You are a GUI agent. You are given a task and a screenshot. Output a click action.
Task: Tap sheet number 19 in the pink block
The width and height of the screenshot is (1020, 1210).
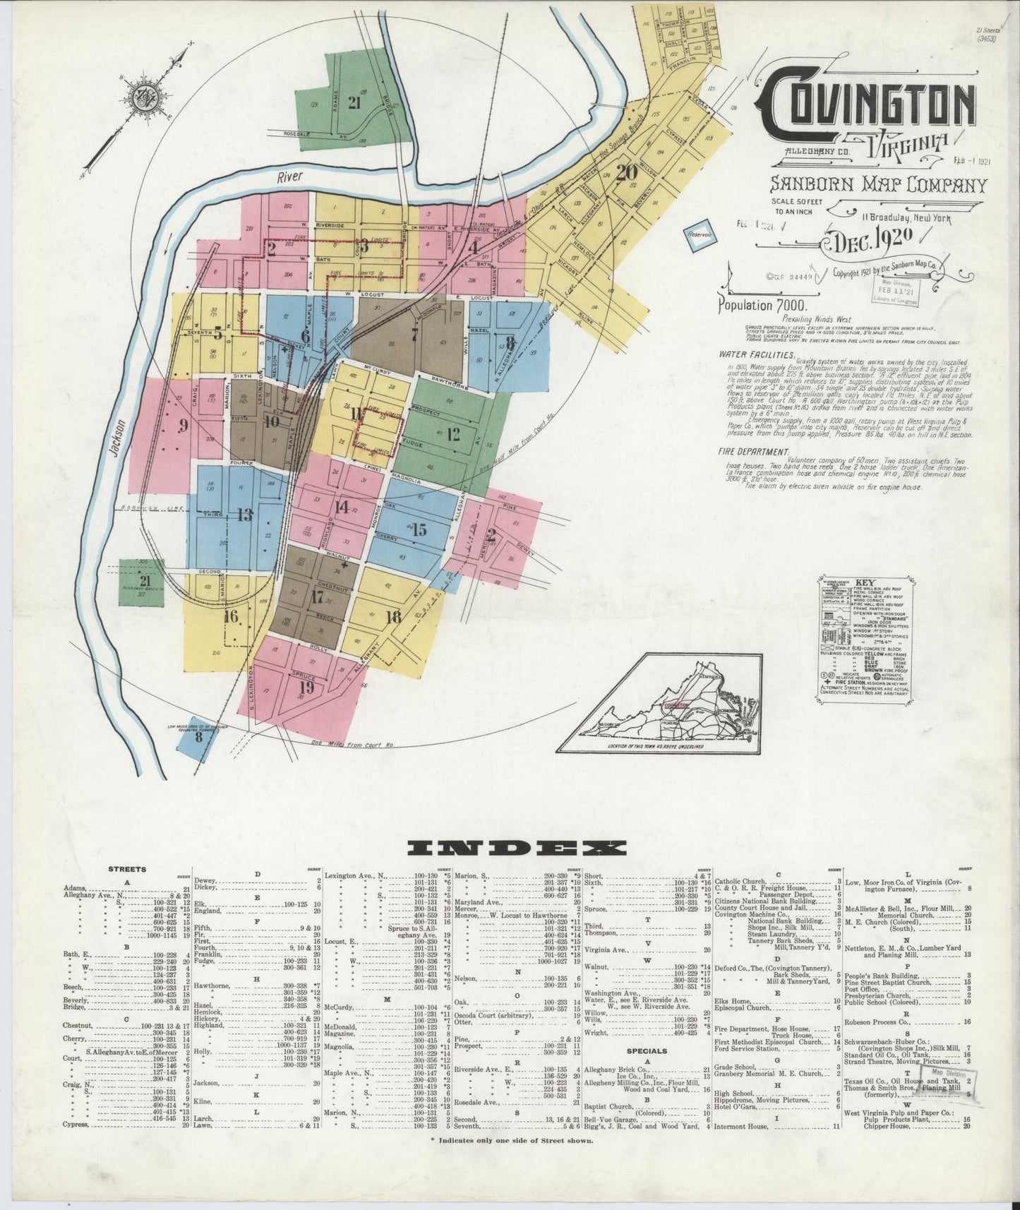306,686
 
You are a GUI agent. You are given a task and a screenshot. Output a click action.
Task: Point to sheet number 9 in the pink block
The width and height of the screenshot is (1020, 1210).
183,425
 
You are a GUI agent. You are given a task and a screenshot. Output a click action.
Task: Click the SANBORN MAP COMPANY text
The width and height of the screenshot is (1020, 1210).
868,186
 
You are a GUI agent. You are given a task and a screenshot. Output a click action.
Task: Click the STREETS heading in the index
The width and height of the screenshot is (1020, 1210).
128,869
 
